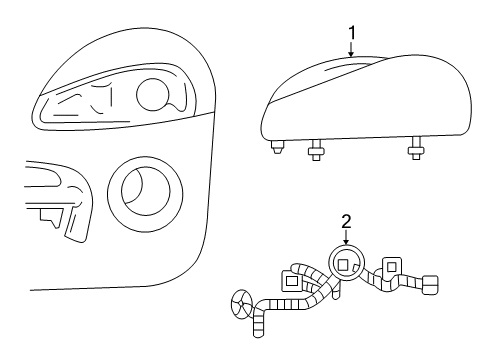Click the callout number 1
tap(350, 33)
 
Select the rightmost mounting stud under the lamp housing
tap(415, 152)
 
